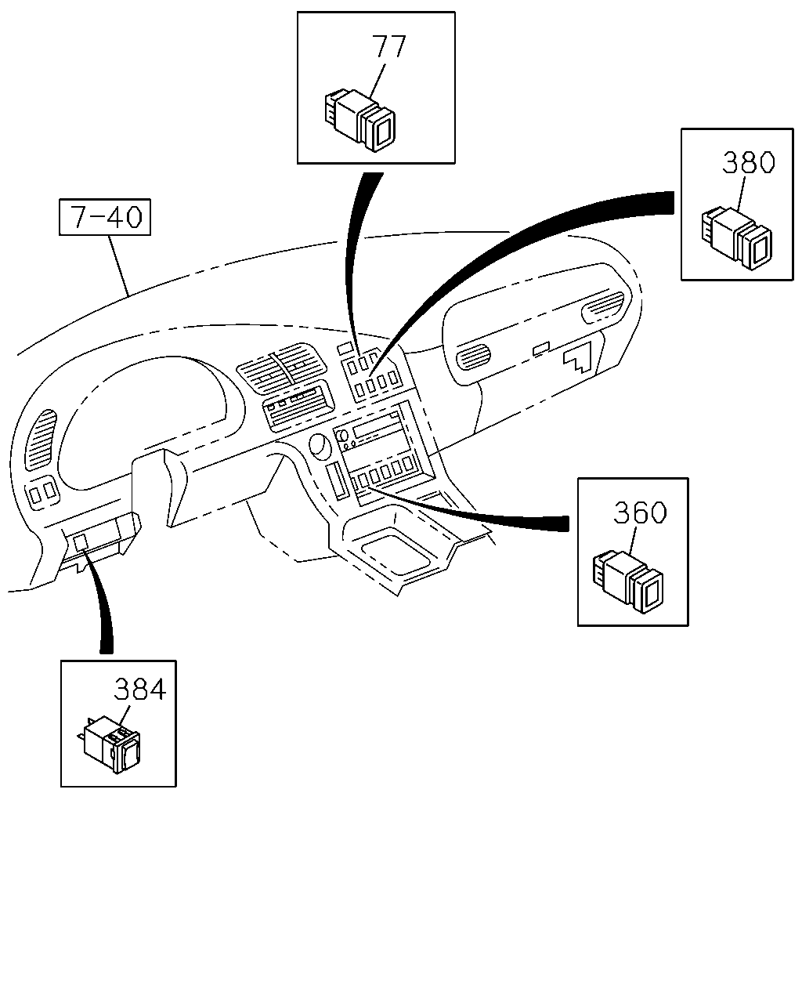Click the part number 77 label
point(388,46)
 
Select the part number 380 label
point(749,161)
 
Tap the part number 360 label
point(640,512)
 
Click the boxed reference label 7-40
point(105,217)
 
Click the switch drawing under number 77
point(359,120)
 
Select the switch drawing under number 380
point(736,238)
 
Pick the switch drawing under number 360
point(627,582)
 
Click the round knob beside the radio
point(320,444)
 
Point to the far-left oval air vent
point(40,440)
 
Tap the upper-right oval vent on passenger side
point(602,306)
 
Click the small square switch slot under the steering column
point(80,542)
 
